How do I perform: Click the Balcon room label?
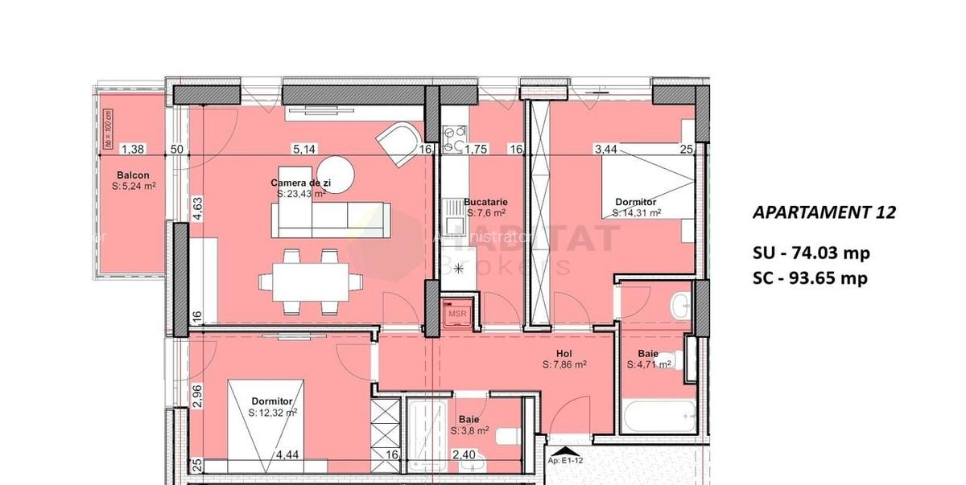point(133,175)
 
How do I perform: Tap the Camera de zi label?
point(301,183)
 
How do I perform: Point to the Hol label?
point(563,353)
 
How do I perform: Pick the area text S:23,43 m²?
point(301,194)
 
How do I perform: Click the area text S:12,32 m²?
point(272,413)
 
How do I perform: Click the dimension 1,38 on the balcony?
point(132,149)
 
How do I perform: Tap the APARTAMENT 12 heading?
point(823,213)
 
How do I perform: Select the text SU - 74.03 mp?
point(811,253)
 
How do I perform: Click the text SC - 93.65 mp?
point(811,278)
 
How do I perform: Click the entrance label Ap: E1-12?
point(566,462)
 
